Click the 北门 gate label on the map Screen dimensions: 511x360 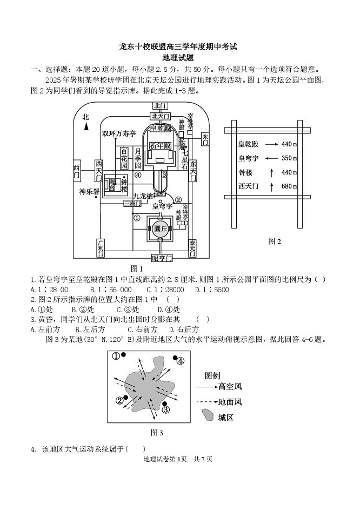coord(159,106)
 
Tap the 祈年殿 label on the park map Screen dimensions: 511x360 coord(160,146)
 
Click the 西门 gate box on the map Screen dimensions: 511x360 coord(76,172)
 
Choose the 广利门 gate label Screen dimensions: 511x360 coord(100,250)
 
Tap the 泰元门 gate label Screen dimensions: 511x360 coord(192,250)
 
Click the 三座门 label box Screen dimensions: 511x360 coord(130,203)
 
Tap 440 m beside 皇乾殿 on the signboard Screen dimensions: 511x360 coord(289,144)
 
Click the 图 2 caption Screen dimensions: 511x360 coord(275,241)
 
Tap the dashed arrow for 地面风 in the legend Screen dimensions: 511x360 coord(207,402)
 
